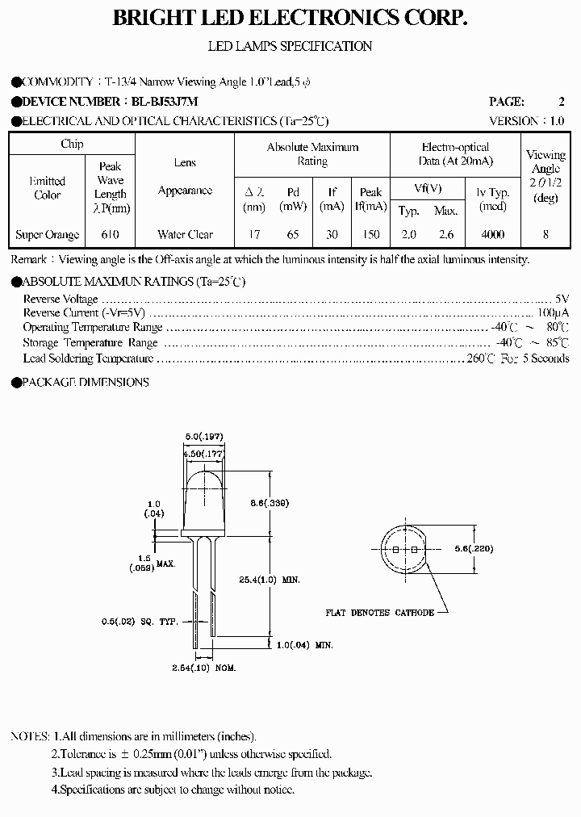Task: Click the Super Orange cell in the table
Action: point(48,235)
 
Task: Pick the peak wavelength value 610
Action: point(111,235)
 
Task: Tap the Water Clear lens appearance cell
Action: point(185,235)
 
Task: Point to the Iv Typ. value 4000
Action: point(492,235)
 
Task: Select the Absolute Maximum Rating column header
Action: point(312,154)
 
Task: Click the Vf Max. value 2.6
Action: point(446,235)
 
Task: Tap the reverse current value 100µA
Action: point(552,312)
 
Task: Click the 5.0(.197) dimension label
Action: point(203,437)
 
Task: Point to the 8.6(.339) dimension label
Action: point(270,502)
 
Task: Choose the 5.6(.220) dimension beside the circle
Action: point(474,548)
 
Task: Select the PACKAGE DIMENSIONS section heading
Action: point(85,382)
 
